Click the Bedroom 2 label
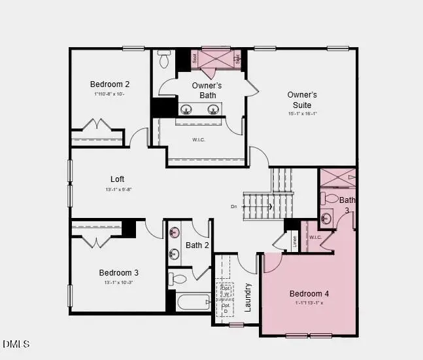tap(110, 84)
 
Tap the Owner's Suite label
tap(302, 99)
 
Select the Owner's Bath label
tap(207, 90)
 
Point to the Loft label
tap(117, 179)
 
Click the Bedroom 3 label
tap(119, 272)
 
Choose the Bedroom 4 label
tap(309, 293)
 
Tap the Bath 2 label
tap(197, 245)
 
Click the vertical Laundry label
tap(248, 297)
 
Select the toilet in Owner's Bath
tap(165, 60)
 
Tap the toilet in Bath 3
tap(331, 199)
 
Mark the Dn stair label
tap(234, 207)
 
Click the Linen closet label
tap(294, 242)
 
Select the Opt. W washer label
tap(226, 291)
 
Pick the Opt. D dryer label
tap(226, 308)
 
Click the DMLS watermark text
tap(16, 344)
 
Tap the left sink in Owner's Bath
tap(186, 109)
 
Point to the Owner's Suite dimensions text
tap(302, 113)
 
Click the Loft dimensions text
tap(118, 190)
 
